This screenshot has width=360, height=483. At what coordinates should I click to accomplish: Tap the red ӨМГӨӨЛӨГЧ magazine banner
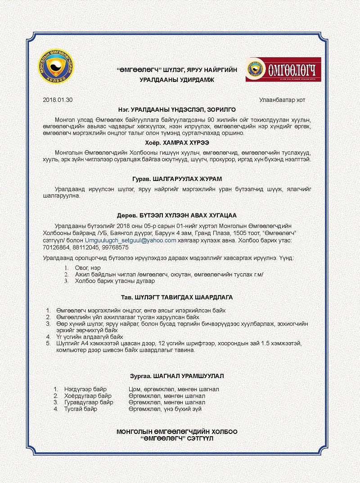pyautogui.click(x=283, y=69)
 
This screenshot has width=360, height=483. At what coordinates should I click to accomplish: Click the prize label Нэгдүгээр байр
pyautogui.click(x=88, y=389)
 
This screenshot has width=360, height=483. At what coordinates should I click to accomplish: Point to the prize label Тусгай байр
pyautogui.click(x=81, y=409)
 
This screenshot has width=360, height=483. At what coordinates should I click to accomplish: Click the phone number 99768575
pyautogui.click(x=116, y=248)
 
